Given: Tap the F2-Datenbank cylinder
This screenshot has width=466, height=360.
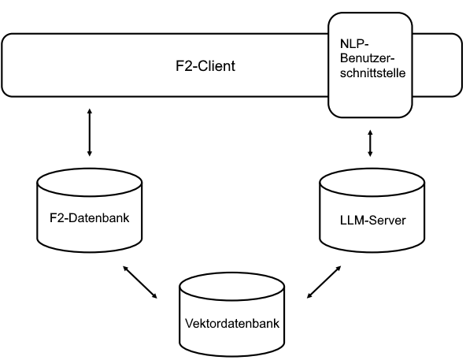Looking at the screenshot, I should [90, 213].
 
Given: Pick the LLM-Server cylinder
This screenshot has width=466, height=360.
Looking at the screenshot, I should [372, 213].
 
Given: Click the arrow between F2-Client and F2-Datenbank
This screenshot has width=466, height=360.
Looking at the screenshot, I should [90, 132].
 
